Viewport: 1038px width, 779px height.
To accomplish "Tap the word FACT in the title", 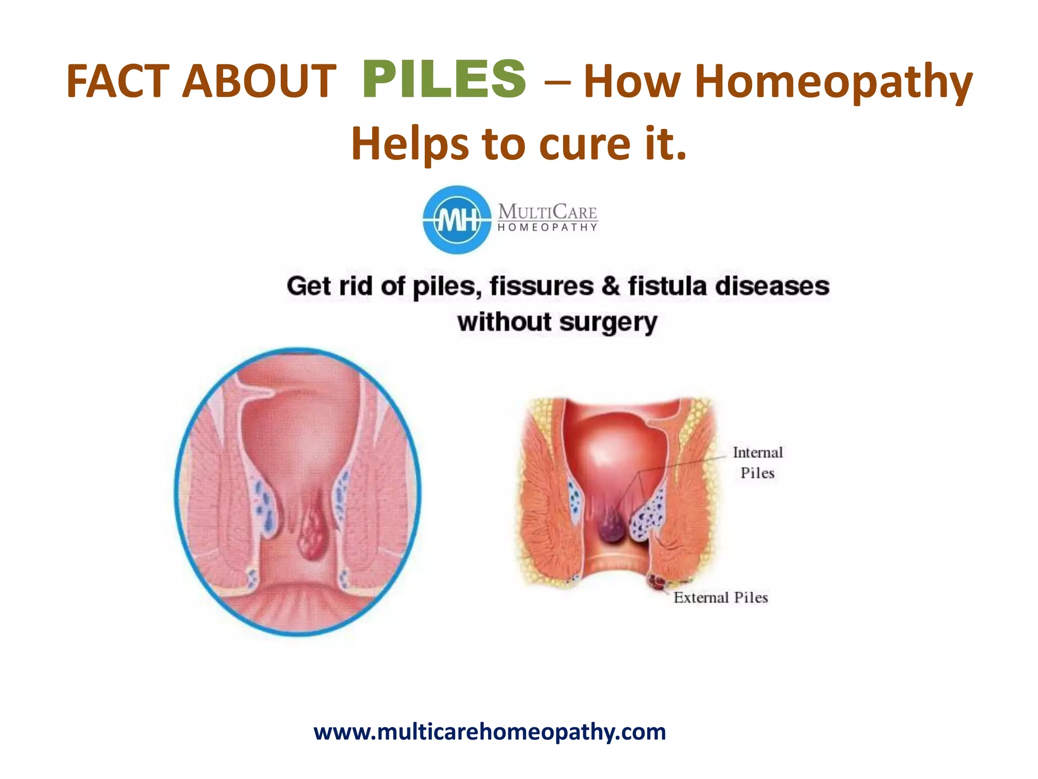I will [118, 81].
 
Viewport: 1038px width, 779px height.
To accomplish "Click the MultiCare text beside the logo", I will [547, 211].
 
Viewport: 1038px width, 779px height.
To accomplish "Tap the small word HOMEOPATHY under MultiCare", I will [547, 228].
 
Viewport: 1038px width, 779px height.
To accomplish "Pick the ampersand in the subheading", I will [611, 286].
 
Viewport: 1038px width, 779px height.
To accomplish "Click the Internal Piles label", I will [757, 463].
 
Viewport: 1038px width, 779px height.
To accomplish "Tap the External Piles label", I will [720, 597].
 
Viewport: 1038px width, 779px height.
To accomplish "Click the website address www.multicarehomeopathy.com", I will [490, 732].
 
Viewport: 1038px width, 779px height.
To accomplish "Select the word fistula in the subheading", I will [667, 286].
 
